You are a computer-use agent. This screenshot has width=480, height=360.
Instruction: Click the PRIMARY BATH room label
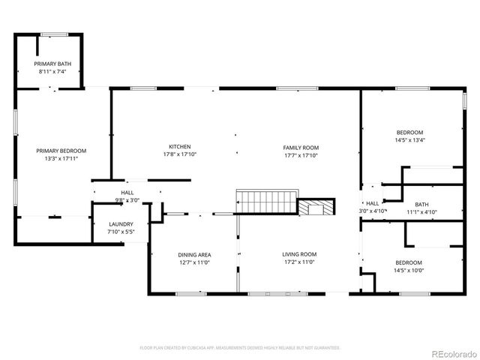[x=52, y=64]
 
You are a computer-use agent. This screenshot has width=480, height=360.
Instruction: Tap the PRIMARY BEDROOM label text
[x=61, y=151]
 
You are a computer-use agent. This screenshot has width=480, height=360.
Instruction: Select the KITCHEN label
[x=179, y=146]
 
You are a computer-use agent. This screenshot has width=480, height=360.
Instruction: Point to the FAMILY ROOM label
[x=301, y=147]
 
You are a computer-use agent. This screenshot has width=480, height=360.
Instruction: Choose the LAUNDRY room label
[x=121, y=224]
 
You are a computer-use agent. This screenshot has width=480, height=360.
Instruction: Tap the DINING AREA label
[x=194, y=255]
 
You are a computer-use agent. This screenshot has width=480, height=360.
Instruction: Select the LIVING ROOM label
[x=298, y=255]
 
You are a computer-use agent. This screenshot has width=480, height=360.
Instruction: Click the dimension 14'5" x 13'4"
[x=409, y=140]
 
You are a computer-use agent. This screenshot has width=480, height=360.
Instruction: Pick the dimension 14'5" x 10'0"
[x=409, y=270]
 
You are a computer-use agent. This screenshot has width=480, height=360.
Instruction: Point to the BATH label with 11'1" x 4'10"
[x=421, y=204]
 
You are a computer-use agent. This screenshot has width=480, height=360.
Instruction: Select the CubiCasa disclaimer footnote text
[x=240, y=348]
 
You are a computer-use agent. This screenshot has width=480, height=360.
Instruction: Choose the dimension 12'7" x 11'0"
[x=194, y=263]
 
